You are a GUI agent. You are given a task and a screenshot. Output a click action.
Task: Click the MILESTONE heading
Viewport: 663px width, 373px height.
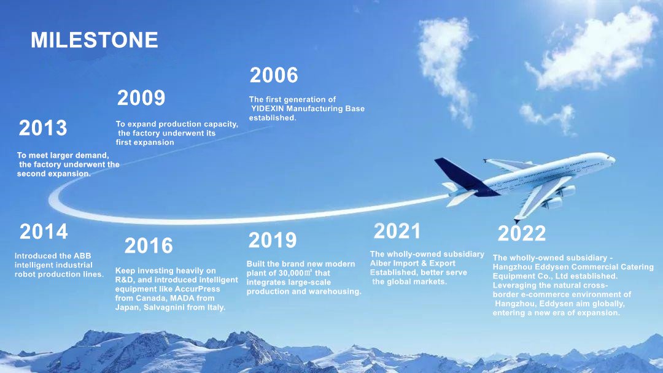[95, 40]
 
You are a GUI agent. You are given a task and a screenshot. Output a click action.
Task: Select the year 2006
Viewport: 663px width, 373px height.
[274, 75]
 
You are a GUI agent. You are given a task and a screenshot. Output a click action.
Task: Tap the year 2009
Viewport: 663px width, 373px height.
[141, 98]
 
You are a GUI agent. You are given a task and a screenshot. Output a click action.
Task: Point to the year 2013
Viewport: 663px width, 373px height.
[43, 128]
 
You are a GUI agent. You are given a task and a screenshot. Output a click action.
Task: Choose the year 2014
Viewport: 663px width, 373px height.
[44, 231]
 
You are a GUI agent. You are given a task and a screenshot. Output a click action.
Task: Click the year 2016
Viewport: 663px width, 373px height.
[149, 245]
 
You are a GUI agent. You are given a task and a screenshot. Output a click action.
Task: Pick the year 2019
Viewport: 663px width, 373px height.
[273, 240]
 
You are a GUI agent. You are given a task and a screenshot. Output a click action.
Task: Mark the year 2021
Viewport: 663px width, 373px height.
[397, 231]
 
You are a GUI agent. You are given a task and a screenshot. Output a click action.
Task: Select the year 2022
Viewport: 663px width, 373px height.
[522, 233]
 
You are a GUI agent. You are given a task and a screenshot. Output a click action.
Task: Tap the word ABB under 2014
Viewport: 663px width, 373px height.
[82, 256]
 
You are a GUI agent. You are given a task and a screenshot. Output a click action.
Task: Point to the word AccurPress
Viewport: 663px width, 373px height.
[196, 289]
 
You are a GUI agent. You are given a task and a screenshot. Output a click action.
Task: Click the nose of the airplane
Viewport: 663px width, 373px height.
[613, 160]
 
